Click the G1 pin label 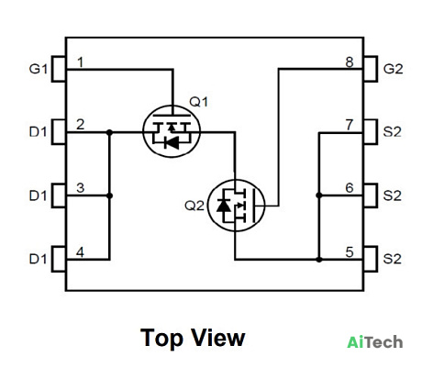pyautogui.click(x=38, y=69)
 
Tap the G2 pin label pyautogui.click(x=393, y=69)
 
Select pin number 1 pyautogui.click(x=80, y=62)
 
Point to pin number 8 pyautogui.click(x=350, y=62)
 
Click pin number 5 pyautogui.click(x=350, y=252)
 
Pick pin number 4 pyautogui.click(x=80, y=252)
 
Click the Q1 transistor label pyautogui.click(x=199, y=102)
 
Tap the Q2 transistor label pyautogui.click(x=194, y=206)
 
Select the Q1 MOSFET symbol pyautogui.click(x=172, y=131)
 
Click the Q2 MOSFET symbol pyautogui.click(x=236, y=206)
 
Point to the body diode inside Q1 pyautogui.click(x=172, y=143)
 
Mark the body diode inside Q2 pyautogui.click(x=224, y=205)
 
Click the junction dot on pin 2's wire pyautogui.click(x=109, y=132)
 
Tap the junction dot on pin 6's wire pyautogui.click(x=319, y=195)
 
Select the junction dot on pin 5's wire pyautogui.click(x=319, y=260)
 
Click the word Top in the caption pyautogui.click(x=161, y=338)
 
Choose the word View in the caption pyautogui.click(x=218, y=337)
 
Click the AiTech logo pyautogui.click(x=375, y=341)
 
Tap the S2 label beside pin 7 pyautogui.click(x=393, y=132)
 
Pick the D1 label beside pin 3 pyautogui.click(x=38, y=195)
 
